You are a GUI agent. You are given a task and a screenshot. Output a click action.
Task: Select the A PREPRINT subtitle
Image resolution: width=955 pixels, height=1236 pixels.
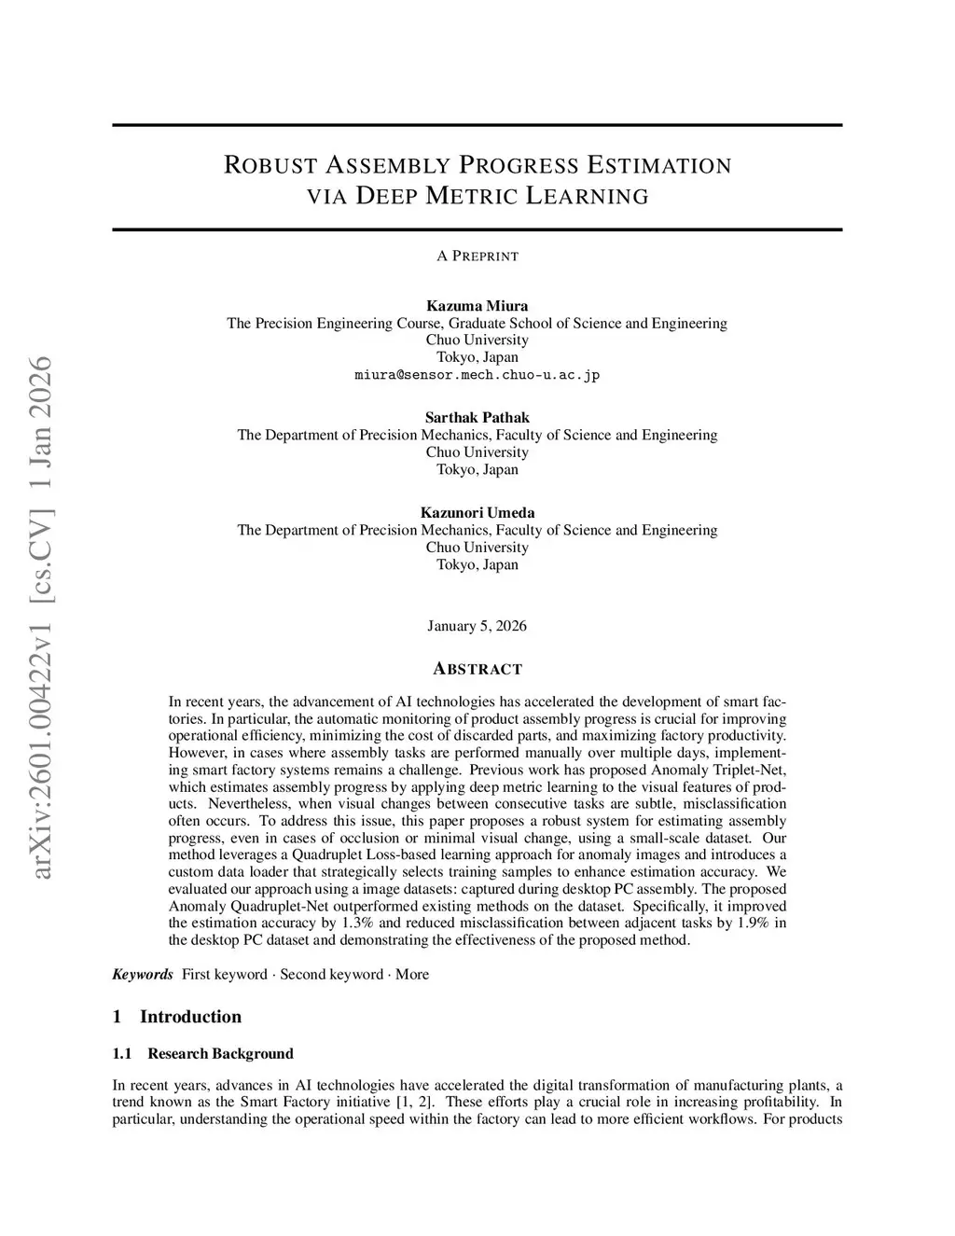coord(477,256)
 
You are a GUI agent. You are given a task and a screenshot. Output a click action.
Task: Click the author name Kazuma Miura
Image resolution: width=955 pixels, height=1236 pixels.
coord(477,306)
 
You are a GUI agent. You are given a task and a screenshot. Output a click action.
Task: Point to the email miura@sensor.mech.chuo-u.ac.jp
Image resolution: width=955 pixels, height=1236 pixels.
coord(477,375)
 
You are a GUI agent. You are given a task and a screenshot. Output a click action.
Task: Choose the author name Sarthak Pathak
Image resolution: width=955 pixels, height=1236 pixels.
coord(477,417)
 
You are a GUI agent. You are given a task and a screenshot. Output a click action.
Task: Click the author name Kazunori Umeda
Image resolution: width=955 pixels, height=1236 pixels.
coord(477,512)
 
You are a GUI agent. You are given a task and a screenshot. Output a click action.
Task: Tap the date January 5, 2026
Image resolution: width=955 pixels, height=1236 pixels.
coord(477,626)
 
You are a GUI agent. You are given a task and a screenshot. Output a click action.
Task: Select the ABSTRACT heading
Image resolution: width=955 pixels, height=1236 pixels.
coord(477,669)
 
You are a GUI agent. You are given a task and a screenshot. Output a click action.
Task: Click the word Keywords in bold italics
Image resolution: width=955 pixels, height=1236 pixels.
coord(143,974)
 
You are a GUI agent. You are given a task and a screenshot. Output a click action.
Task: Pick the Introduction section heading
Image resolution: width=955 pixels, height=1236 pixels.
coord(190,1017)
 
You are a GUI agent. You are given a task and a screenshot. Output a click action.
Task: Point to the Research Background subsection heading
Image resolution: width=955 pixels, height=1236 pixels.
coord(220,1053)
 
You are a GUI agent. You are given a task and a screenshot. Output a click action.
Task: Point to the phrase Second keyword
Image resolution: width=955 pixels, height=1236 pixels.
coord(331,974)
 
